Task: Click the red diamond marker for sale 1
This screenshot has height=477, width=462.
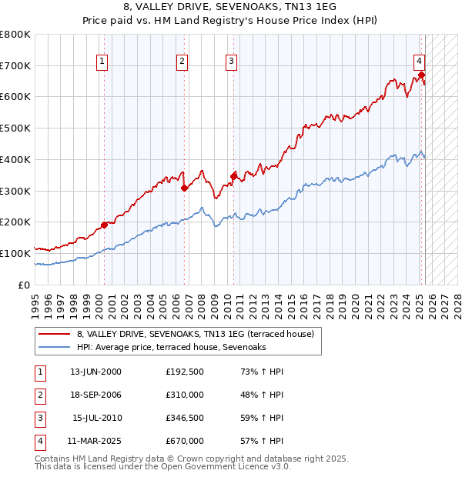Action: pyautogui.click(x=104, y=225)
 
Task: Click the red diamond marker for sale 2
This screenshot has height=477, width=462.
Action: pyautogui.click(x=184, y=188)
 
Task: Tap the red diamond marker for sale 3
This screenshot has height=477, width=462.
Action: pyautogui.click(x=233, y=176)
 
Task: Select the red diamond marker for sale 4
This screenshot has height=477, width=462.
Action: pyautogui.click(x=422, y=75)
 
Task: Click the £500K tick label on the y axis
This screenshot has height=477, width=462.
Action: pyautogui.click(x=15, y=128)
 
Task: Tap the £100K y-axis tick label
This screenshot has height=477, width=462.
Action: pyautogui.click(x=15, y=253)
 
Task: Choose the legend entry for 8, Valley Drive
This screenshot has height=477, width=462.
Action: pyautogui.click(x=195, y=335)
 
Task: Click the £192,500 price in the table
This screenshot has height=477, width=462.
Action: pyautogui.click(x=185, y=372)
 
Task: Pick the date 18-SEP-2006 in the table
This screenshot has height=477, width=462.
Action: pyautogui.click(x=95, y=395)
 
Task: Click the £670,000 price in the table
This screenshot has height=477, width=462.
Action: pyautogui.click(x=185, y=441)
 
